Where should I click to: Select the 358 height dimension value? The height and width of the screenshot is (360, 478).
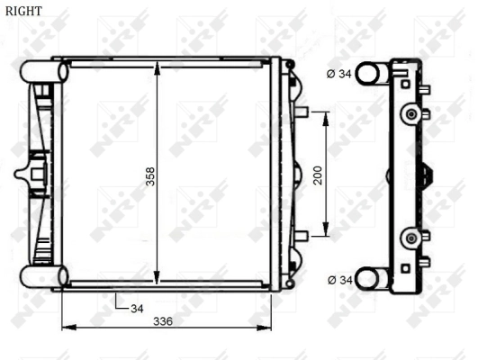(150, 176)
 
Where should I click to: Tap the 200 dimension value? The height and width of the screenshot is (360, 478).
(317, 175)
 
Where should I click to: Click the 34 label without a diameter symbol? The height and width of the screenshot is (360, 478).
(137, 309)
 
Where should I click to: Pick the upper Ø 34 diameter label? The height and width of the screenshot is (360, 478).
(338, 74)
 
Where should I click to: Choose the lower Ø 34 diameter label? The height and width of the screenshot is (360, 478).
(338, 281)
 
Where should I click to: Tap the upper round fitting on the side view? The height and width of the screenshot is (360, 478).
(411, 114)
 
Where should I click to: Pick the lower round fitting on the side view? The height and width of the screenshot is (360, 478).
(411, 238)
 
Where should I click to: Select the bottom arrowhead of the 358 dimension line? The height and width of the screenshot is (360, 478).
(158, 280)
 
